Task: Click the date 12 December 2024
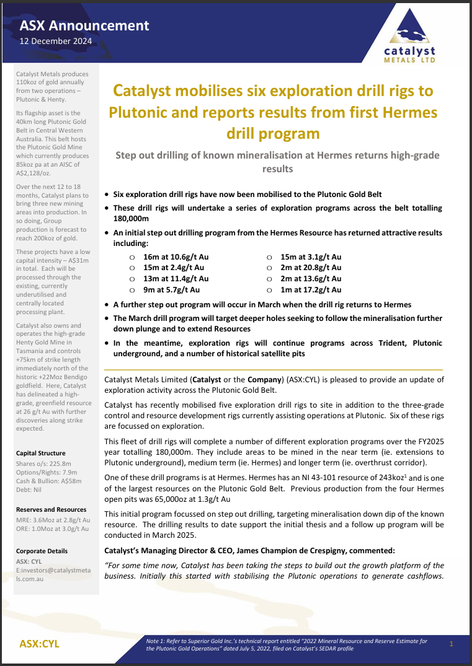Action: pyautogui.click(x=56, y=41)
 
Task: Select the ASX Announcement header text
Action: pyautogui.click(x=84, y=25)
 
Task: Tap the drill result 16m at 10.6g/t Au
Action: pyautogui.click(x=176, y=256)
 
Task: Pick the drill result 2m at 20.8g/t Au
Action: pyautogui.click(x=311, y=268)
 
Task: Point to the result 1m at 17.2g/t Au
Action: pyautogui.click(x=311, y=289)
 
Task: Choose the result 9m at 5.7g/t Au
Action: pyautogui.click(x=171, y=289)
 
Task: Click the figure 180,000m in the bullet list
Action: pyautogui.click(x=131, y=218)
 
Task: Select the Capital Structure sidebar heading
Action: pyautogui.click(x=41, y=453)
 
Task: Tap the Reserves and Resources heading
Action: pyautogui.click(x=51, y=509)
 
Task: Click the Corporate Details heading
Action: pyautogui.click(x=42, y=551)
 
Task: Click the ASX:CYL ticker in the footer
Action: pyautogui.click(x=40, y=644)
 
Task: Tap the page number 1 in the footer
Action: pyautogui.click(x=452, y=644)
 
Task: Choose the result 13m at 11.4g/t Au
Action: pyautogui.click(x=176, y=279)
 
